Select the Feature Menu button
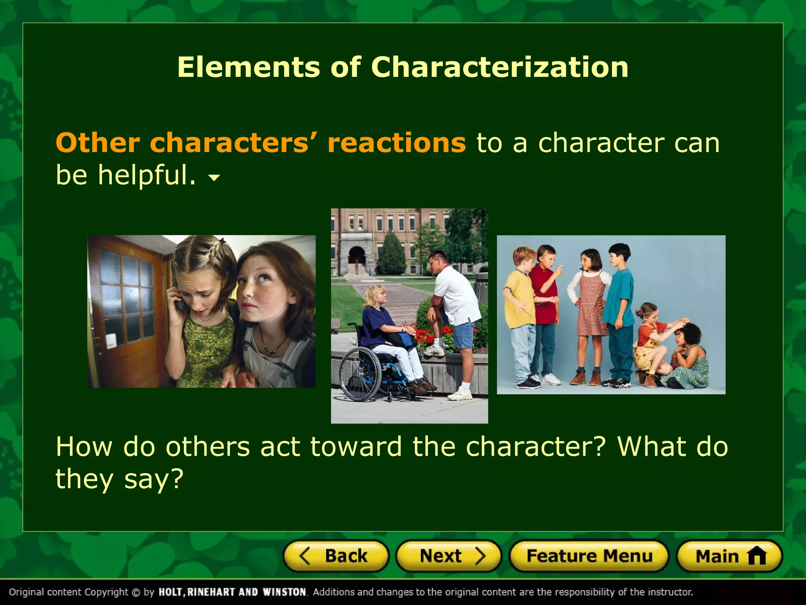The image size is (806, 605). [x=589, y=556]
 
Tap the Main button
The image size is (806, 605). [x=729, y=556]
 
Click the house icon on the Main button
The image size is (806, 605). [x=756, y=556]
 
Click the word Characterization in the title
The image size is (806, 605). [x=499, y=67]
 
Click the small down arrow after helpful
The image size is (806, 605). [x=214, y=178]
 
